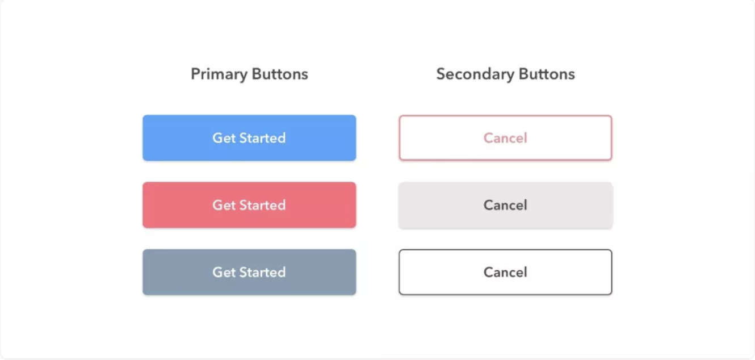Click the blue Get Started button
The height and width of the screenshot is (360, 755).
coord(249,138)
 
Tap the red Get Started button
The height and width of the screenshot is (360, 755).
coord(249,205)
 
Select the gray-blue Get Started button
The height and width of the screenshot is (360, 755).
coord(249,272)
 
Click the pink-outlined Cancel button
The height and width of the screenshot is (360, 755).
coord(505,138)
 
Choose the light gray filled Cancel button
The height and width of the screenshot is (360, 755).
coord(505,205)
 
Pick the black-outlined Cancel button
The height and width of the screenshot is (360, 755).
coord(505,272)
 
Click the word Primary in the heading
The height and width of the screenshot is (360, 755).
coord(219,74)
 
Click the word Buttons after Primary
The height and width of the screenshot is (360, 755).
coord(280,74)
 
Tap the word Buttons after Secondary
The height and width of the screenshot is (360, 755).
coord(547,74)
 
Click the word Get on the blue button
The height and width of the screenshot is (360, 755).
coord(224,138)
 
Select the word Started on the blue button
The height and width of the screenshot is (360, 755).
coord(262,138)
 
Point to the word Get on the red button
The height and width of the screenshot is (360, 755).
coord(224,205)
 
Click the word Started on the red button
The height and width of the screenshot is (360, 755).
coord(262,205)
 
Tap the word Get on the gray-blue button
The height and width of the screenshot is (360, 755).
coord(224,272)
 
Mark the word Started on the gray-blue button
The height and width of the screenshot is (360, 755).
coord(262,272)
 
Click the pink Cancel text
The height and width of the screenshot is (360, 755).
coord(505,138)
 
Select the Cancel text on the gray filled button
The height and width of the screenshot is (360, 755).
coord(505,205)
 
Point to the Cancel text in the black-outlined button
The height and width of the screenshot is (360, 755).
coord(505,272)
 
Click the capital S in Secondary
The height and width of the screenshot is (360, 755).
coord(441,74)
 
